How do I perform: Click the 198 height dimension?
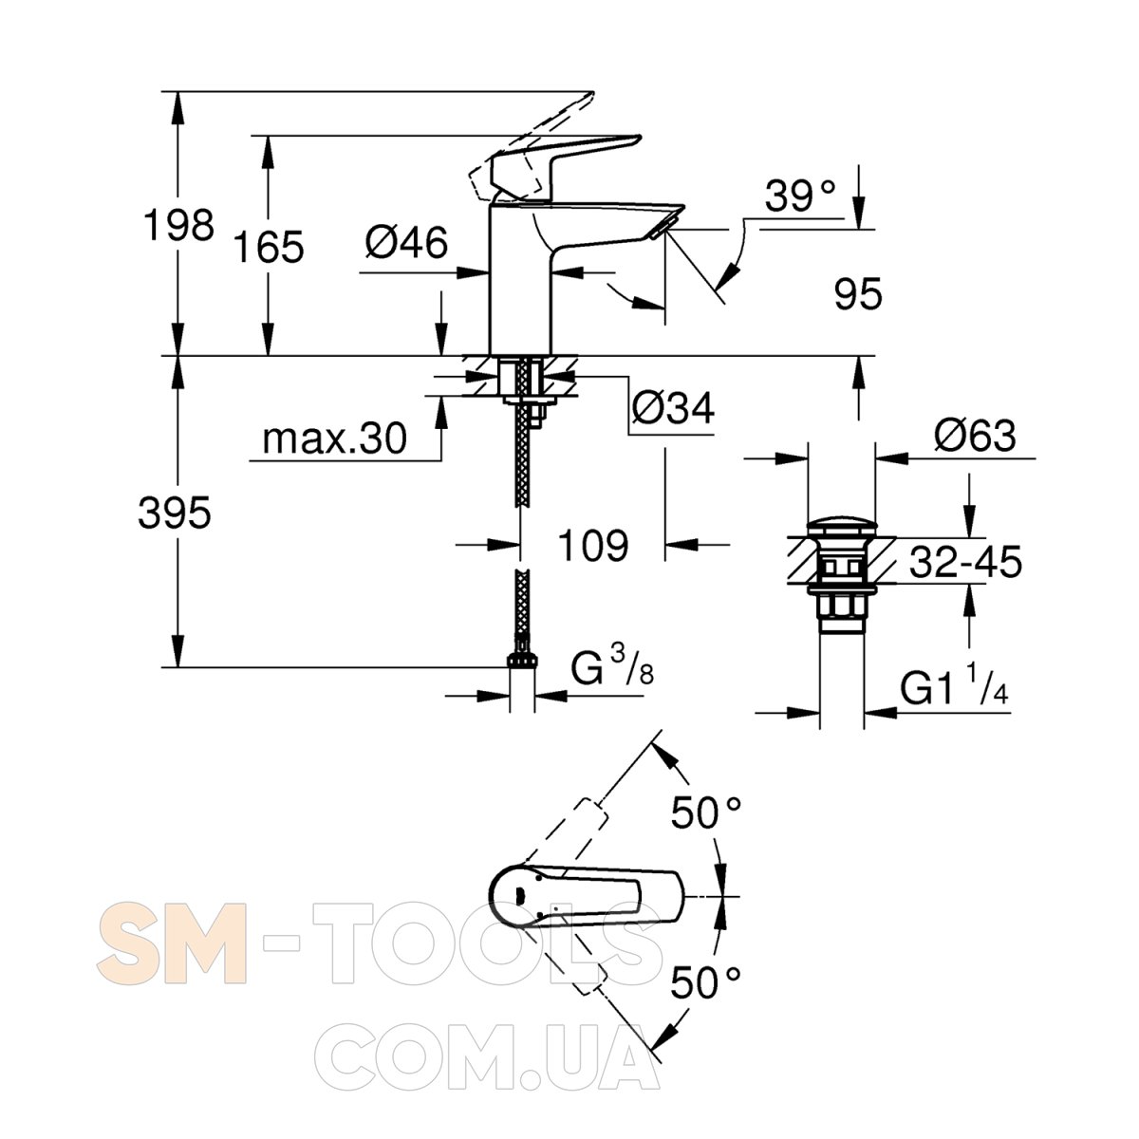(178, 225)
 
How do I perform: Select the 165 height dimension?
(269, 247)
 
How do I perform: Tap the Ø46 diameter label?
(406, 243)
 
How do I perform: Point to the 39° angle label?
(800, 196)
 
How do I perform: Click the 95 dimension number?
(858, 293)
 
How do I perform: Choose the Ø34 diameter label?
(673, 407)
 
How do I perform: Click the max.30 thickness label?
(334, 439)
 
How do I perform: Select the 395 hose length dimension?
(175, 513)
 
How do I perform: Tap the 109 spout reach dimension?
(593, 545)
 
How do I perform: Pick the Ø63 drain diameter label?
(975, 437)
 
